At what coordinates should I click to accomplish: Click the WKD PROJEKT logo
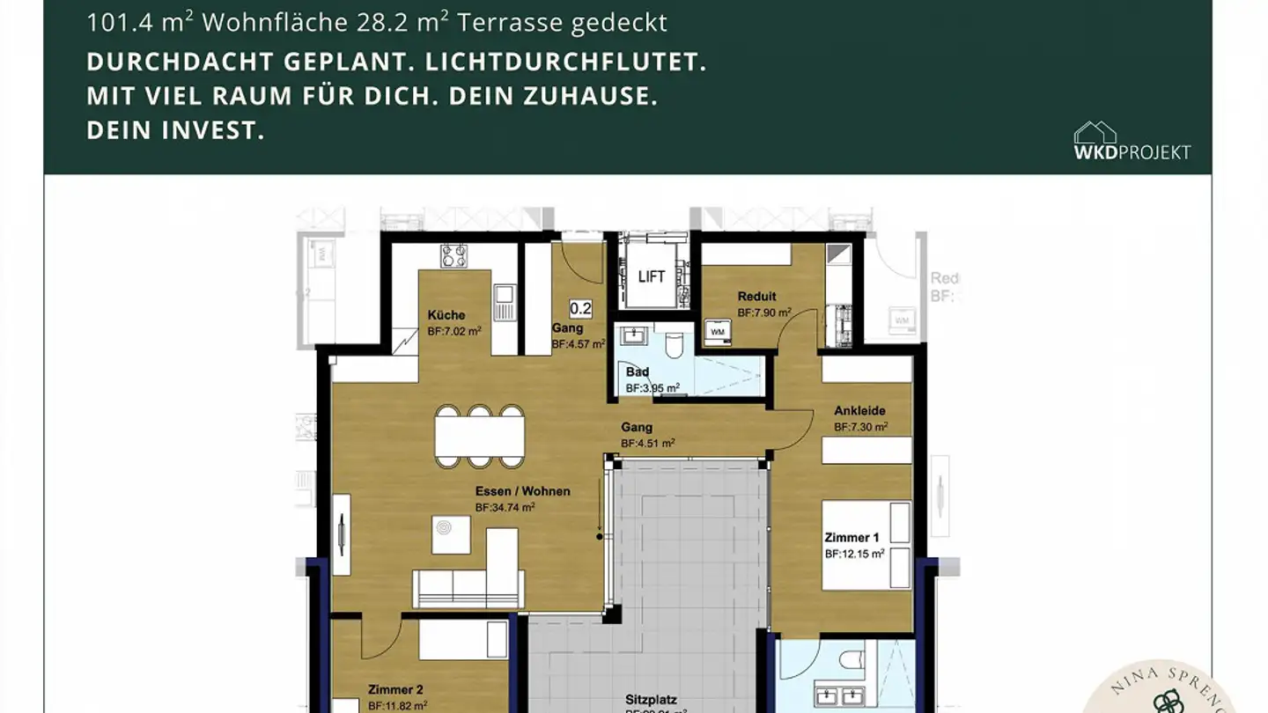(1132, 142)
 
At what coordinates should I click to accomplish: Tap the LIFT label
(652, 276)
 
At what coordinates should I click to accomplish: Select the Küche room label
(446, 315)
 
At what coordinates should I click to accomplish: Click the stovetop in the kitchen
(454, 255)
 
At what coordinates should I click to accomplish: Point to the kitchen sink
(504, 302)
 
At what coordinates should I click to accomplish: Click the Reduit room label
(757, 297)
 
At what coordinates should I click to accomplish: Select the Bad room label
(638, 372)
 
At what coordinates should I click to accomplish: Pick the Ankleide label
(860, 411)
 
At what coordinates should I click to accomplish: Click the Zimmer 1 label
(851, 538)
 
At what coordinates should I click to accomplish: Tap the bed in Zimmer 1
(866, 545)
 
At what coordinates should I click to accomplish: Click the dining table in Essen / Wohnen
(480, 436)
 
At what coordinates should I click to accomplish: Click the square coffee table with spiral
(451, 534)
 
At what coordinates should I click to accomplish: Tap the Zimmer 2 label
(396, 689)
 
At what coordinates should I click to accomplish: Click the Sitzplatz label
(652, 700)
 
